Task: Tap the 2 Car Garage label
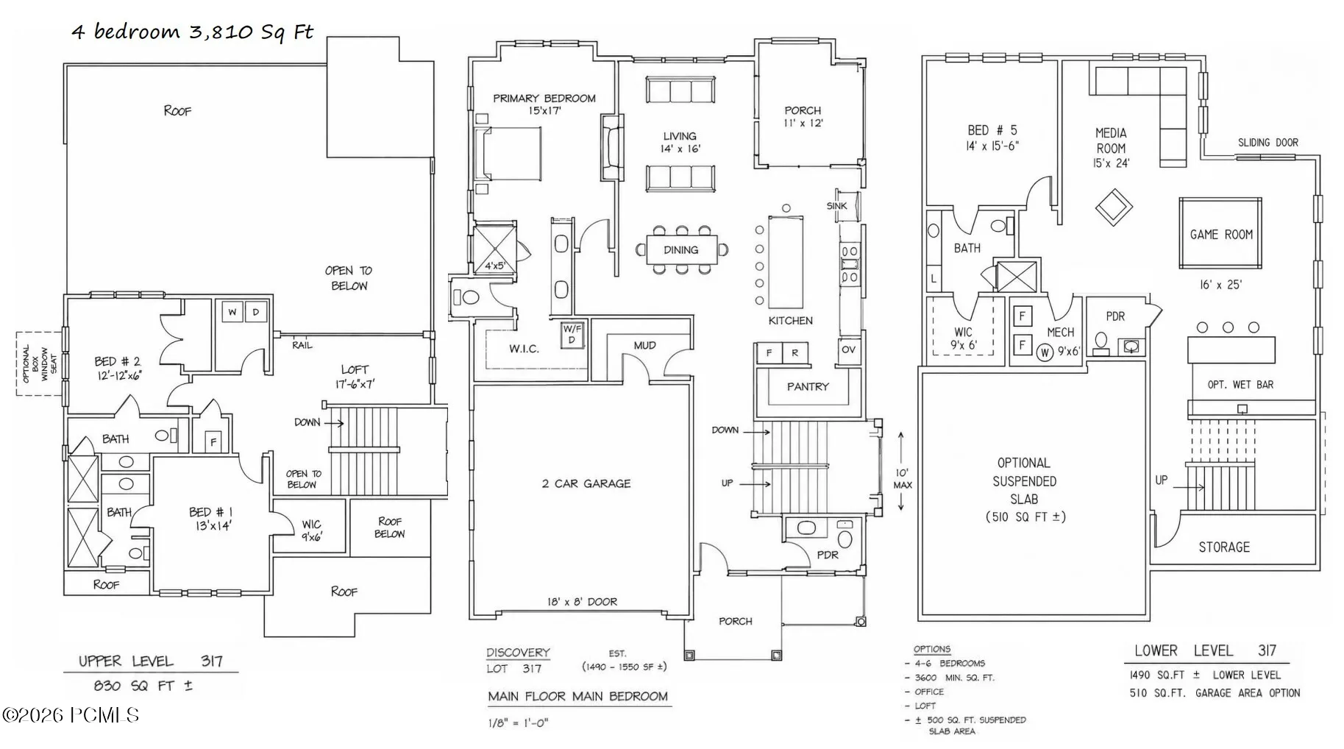[586, 483]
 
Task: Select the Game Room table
[1221, 234]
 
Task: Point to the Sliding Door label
[1267, 143]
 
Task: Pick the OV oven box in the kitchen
[848, 349]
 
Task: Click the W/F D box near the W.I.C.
[572, 335]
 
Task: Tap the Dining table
[681, 249]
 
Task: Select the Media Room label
[1111, 148]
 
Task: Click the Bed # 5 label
[992, 138]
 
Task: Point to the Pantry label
[808, 386]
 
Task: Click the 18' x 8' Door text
[582, 602]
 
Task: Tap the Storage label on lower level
[1224, 547]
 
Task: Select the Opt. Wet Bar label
[1240, 385]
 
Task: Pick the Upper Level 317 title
[151, 661]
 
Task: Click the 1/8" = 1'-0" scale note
[519, 723]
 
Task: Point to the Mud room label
[645, 345]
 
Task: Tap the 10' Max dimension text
[903, 478]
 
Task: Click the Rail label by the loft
[302, 344]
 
